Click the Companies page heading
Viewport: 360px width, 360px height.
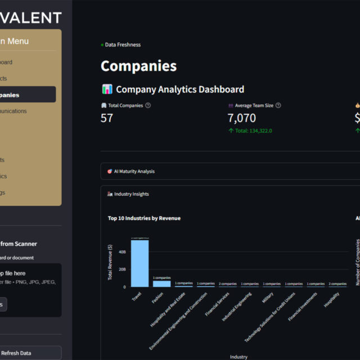[138, 66]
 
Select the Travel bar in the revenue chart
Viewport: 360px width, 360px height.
[139, 263]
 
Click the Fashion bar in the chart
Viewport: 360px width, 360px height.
[161, 283]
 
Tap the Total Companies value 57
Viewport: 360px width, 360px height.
[107, 118]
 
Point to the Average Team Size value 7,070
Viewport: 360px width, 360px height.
[241, 118]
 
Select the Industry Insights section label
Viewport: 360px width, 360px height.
[131, 194]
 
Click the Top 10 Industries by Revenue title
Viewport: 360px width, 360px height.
[144, 218]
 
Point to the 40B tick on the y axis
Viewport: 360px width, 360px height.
[122, 251]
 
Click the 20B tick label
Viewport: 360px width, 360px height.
[122, 269]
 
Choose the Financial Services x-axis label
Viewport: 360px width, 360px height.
[217, 304]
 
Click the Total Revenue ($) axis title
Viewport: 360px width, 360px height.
[111, 262]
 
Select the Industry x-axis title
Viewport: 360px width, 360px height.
[238, 357]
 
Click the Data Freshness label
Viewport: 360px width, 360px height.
[123, 44]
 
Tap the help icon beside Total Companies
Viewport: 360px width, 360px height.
[148, 105]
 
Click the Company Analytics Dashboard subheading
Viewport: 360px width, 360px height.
[179, 89]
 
